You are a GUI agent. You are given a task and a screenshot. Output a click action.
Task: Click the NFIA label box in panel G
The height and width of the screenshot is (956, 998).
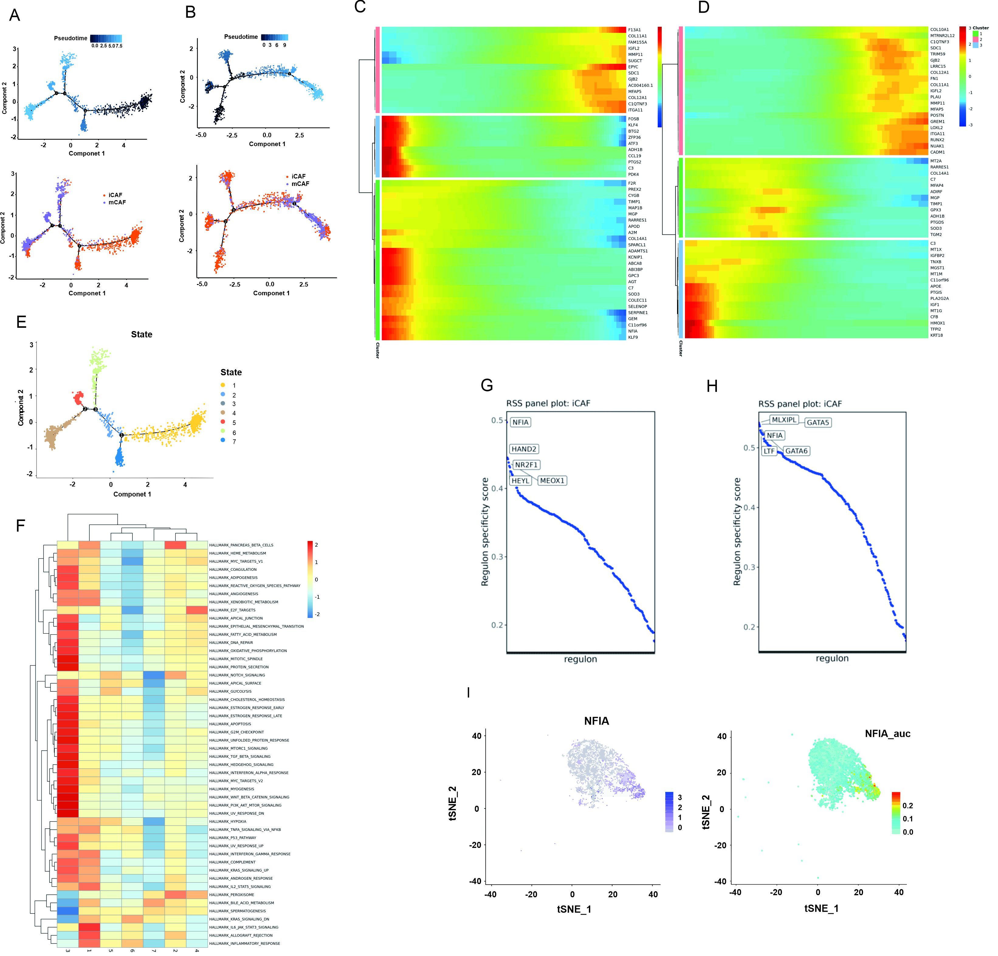tap(520, 422)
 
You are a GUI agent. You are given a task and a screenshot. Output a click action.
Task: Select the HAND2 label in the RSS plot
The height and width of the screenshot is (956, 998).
tap(524, 449)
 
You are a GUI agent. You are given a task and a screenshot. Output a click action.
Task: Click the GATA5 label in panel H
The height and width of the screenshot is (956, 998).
tap(818, 423)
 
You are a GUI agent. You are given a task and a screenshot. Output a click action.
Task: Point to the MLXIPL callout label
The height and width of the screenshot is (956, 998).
tap(784, 420)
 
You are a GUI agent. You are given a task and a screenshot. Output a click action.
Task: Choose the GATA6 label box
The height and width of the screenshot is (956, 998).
tap(796, 451)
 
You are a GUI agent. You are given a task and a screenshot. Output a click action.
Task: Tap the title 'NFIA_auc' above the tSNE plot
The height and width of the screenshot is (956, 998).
tap(887, 734)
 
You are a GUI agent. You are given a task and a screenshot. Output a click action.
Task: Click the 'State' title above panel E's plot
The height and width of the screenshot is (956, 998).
tap(142, 334)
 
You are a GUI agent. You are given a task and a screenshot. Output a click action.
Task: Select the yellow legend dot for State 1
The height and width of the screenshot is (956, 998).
tap(223, 385)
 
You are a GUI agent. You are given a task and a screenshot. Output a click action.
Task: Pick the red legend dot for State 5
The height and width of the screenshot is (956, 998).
tap(223, 423)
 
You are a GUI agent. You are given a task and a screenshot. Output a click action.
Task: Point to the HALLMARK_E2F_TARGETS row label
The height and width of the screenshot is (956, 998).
tap(232, 610)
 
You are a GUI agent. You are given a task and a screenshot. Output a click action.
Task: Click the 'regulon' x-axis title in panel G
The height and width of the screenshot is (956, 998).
tap(580, 659)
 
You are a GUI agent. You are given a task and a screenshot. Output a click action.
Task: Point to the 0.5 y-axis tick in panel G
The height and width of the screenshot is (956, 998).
tap(497, 420)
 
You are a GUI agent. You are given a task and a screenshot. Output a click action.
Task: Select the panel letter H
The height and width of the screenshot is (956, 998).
tap(712, 386)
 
